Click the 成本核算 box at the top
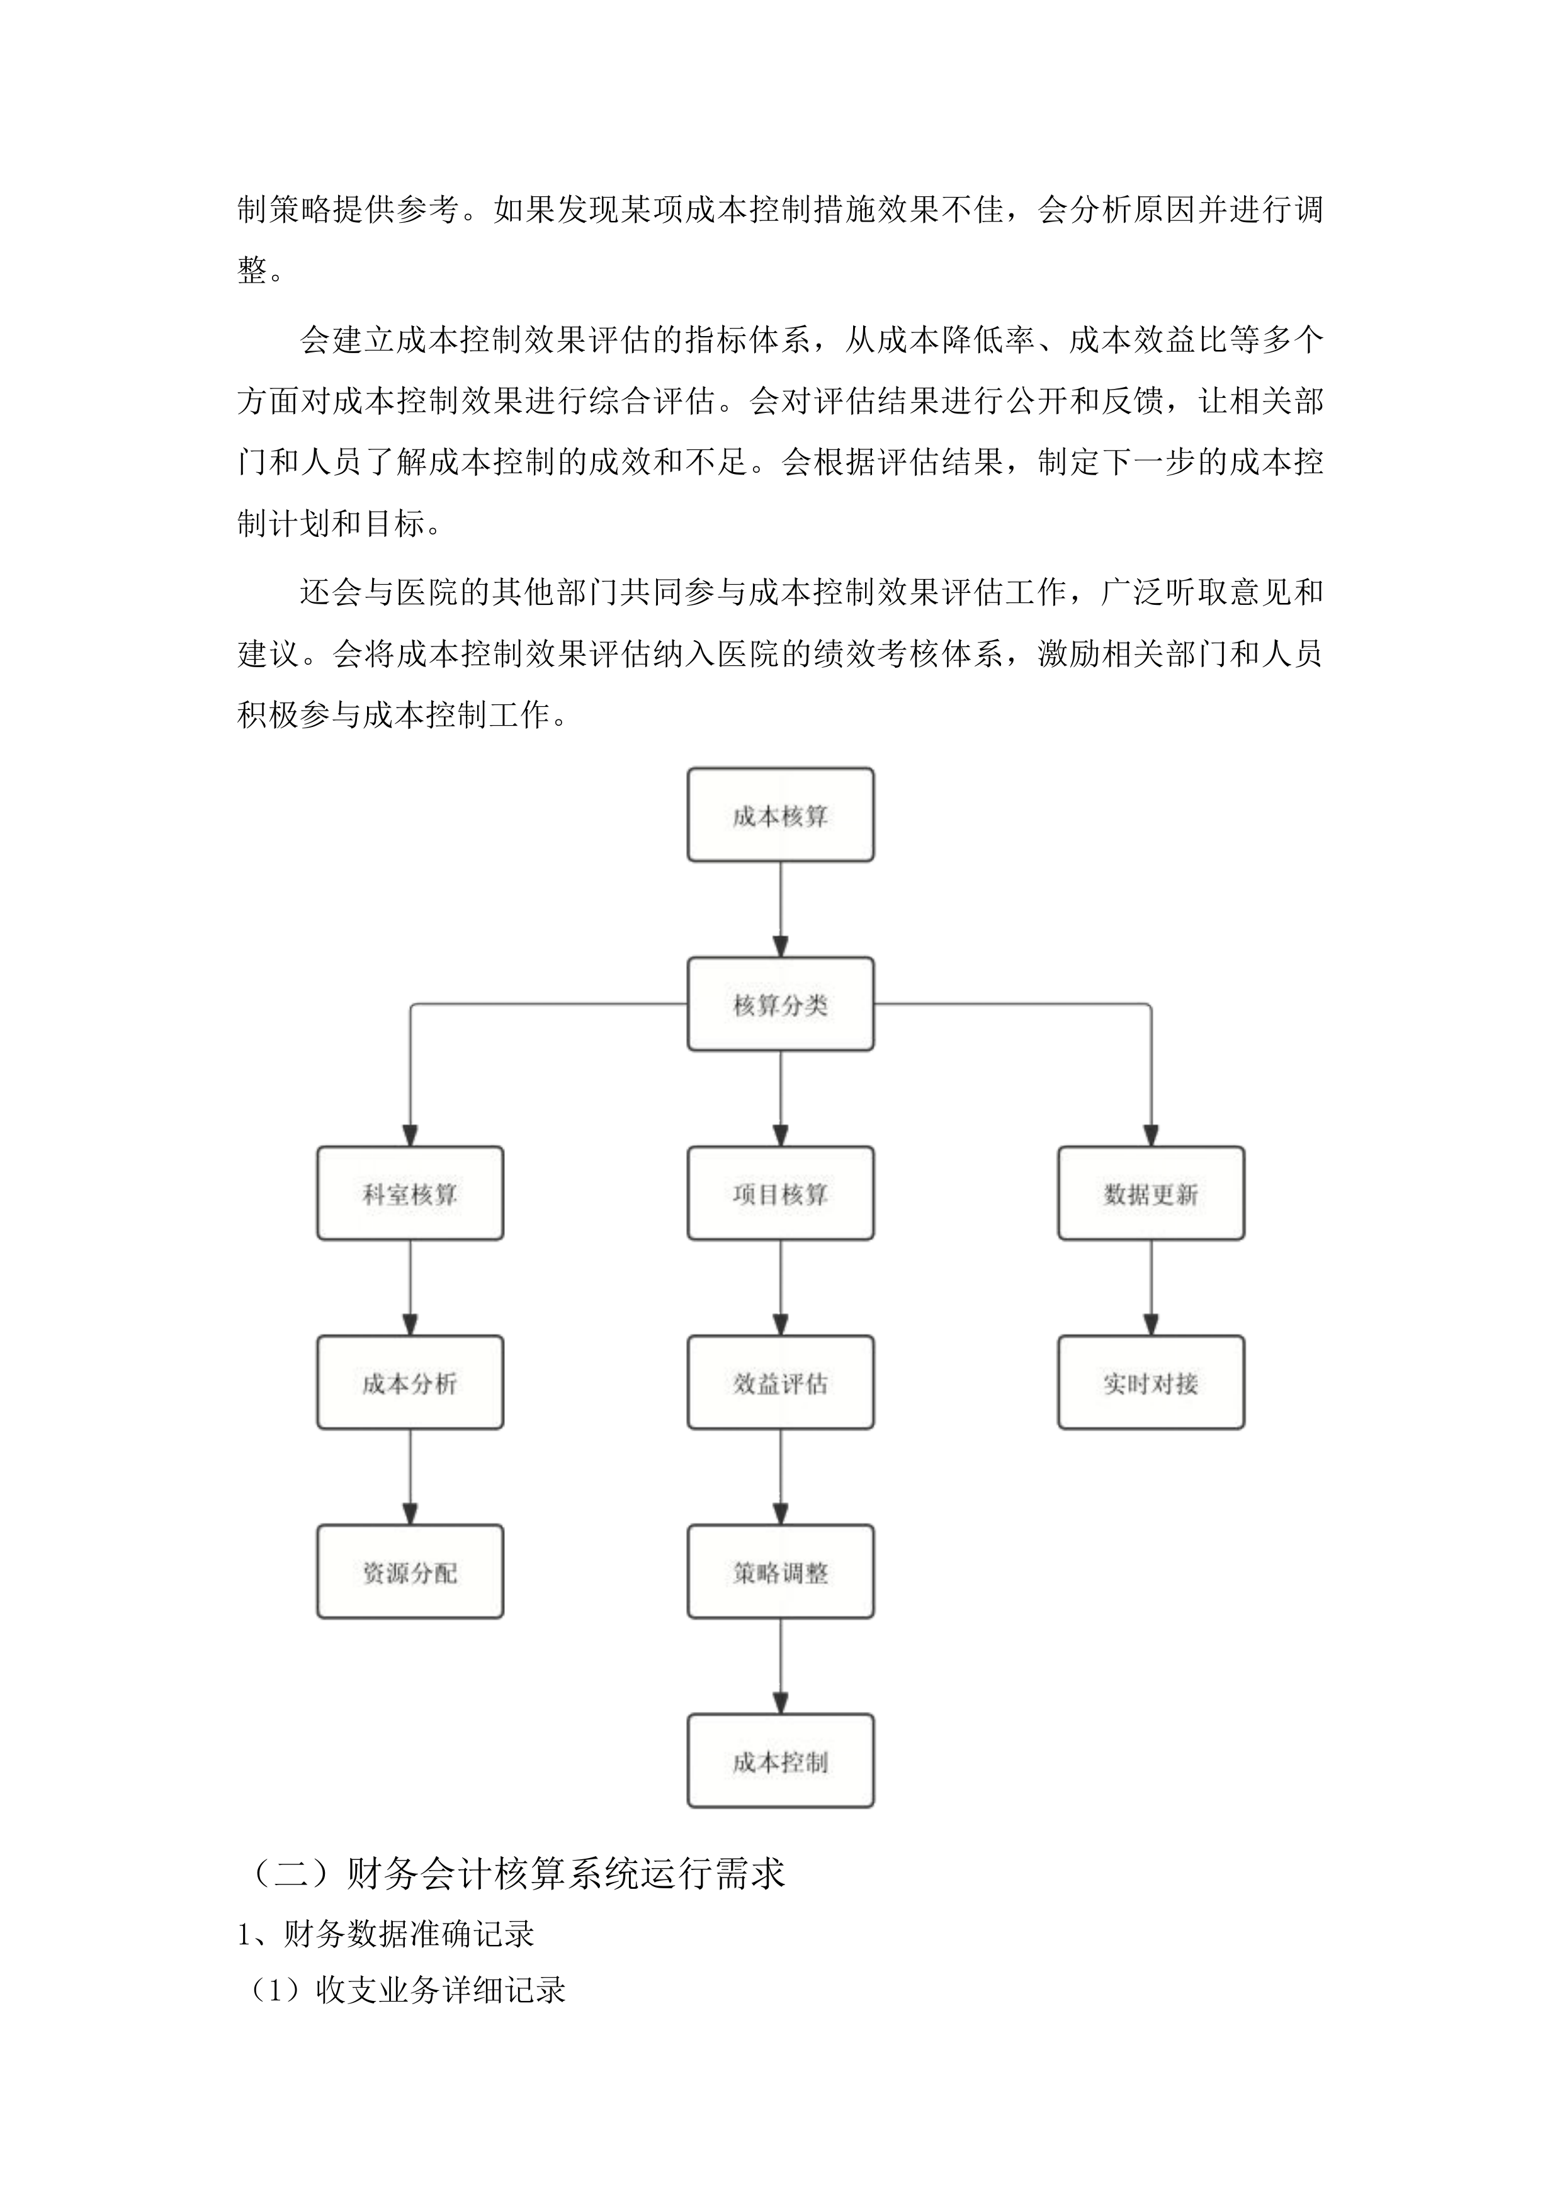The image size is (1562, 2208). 780,814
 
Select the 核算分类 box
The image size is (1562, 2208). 780,1004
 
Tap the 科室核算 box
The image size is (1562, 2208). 410,1193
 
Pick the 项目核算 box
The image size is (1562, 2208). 780,1193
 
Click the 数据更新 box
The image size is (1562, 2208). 1150,1193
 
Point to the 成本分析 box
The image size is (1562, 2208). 410,1383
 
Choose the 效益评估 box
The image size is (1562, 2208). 780,1383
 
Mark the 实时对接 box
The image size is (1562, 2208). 1150,1383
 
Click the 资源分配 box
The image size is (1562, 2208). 410,1572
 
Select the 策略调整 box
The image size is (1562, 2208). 780,1572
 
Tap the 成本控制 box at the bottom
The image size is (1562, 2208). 780,1762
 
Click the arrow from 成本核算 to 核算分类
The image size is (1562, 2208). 780,909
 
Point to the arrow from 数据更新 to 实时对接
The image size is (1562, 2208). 1150,1288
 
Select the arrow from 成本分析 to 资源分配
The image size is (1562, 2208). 410,1477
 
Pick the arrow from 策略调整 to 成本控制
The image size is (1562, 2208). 780,1667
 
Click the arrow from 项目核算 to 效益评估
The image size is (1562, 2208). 780,1288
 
